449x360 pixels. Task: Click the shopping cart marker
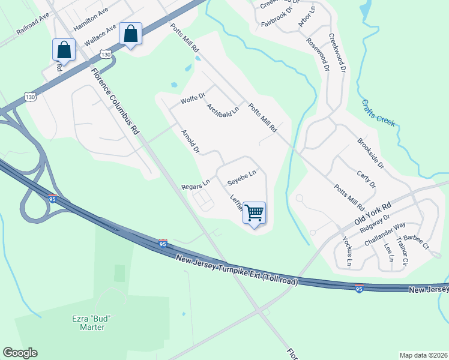[255, 212]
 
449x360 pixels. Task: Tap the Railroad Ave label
[32, 26]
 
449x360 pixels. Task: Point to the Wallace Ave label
[100, 37]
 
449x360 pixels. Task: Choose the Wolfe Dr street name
[193, 97]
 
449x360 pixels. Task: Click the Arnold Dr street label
[190, 140]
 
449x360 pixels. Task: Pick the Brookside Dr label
[370, 152]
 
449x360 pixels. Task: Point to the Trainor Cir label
[402, 252]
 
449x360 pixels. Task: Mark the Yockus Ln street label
[348, 251]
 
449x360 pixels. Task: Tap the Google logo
[20, 353]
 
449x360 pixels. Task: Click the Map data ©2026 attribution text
[424, 355]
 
